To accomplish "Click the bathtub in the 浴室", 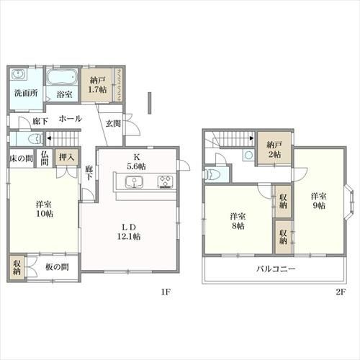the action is [x=62, y=77].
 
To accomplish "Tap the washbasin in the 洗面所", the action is [x=18, y=74].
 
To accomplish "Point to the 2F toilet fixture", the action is [x=211, y=174].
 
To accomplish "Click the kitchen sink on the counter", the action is [x=134, y=182].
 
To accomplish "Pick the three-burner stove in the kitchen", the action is [x=165, y=181].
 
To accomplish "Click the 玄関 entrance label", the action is [x=113, y=124].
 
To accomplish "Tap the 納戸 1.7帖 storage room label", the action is [x=97, y=85].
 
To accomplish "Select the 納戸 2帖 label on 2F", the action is [x=274, y=150].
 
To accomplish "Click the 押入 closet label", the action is [x=67, y=158].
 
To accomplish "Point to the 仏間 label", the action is [x=45, y=158].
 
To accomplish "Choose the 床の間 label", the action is [x=22, y=158].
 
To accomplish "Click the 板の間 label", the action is [x=57, y=267].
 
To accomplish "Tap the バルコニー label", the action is [x=276, y=269].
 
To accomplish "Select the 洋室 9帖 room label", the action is [x=318, y=201].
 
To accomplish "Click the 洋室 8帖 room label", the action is [x=238, y=221].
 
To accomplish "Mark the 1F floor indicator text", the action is [x=166, y=292].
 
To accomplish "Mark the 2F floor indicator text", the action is [x=341, y=292].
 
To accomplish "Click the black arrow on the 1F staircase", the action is [x=49, y=138].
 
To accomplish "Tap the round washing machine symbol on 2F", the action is [x=248, y=155].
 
